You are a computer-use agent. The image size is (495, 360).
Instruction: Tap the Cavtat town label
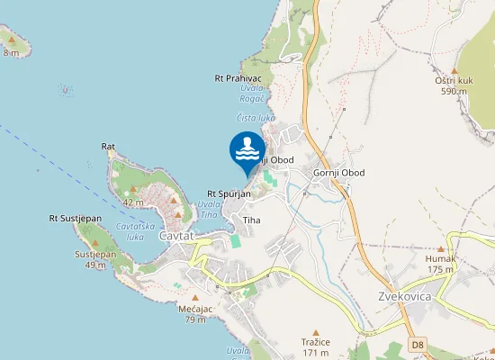click(x=176, y=236)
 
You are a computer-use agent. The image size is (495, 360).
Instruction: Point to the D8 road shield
click(x=417, y=344)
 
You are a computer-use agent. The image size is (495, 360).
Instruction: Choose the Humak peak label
click(x=440, y=258)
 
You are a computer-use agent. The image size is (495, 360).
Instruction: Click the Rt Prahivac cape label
click(x=238, y=78)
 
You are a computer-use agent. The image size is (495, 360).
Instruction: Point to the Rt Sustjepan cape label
click(x=76, y=218)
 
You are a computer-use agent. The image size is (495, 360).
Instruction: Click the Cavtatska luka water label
click(x=137, y=231)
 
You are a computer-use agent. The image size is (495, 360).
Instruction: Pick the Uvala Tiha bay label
click(x=209, y=209)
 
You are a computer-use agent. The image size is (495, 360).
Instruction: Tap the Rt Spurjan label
click(x=229, y=193)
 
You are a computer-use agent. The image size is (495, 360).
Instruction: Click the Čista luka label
click(x=256, y=118)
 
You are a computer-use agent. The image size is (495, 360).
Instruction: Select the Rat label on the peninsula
click(x=109, y=146)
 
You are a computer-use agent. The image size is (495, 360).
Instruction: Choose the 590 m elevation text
click(x=454, y=91)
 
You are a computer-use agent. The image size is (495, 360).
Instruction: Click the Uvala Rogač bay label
click(x=253, y=93)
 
